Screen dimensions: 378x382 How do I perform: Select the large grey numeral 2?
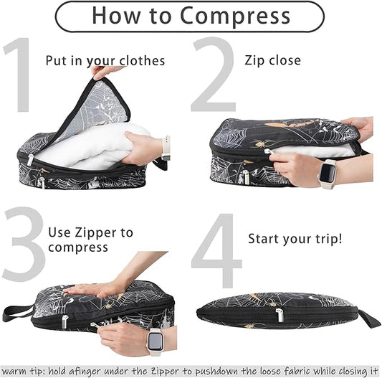(212, 75)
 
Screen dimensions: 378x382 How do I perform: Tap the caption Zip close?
(272, 60)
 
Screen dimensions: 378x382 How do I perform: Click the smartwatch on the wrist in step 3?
(155, 341)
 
